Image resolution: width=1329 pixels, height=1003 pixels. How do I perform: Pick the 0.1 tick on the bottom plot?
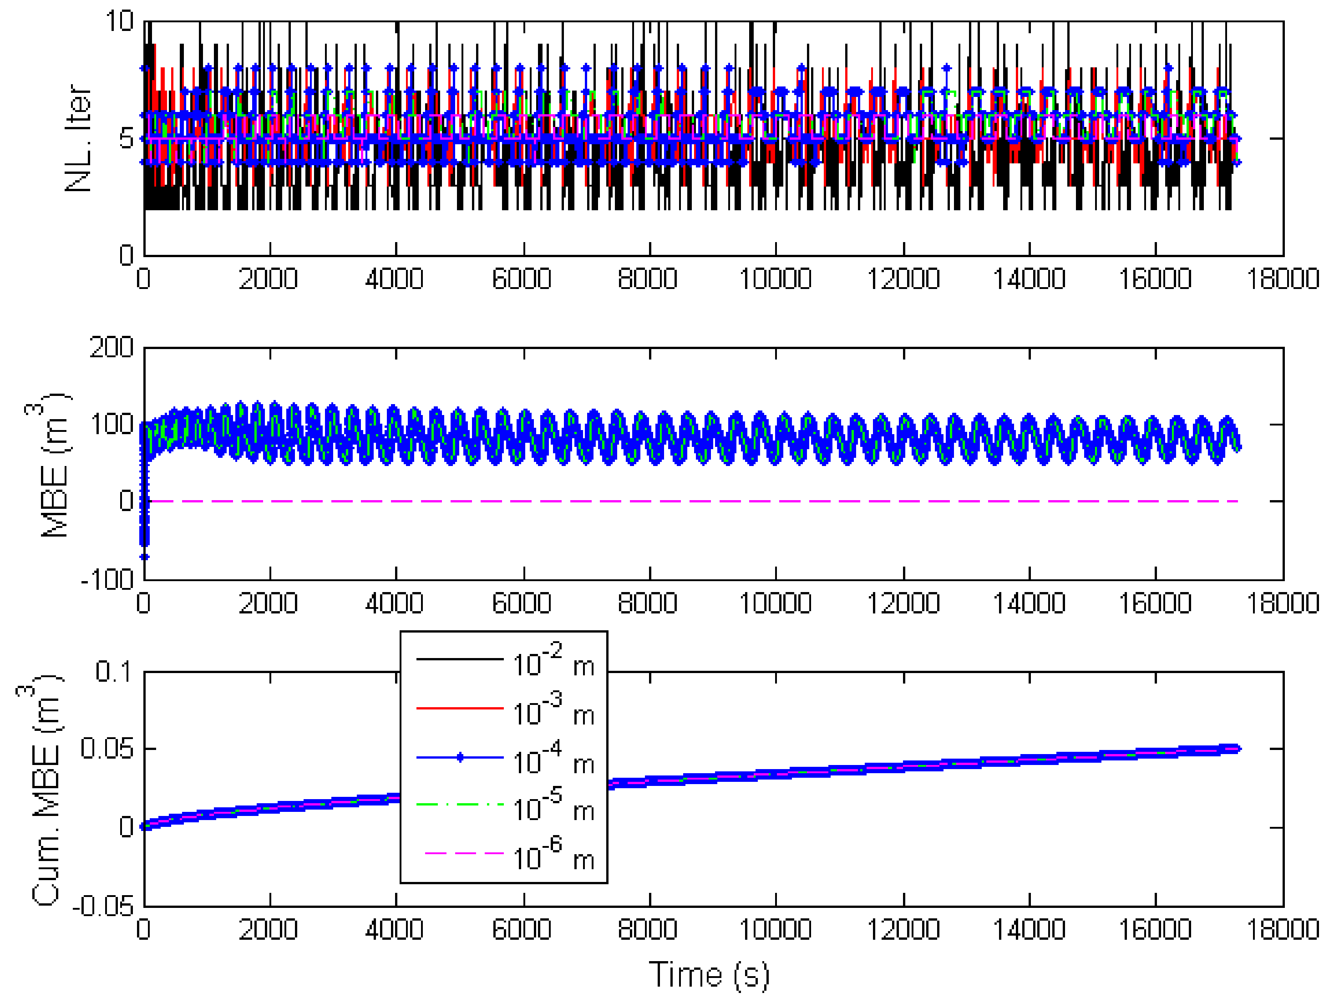coord(114,671)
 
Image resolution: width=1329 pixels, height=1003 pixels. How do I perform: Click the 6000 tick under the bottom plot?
coord(522,929)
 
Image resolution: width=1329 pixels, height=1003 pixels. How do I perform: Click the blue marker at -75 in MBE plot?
coord(144,557)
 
